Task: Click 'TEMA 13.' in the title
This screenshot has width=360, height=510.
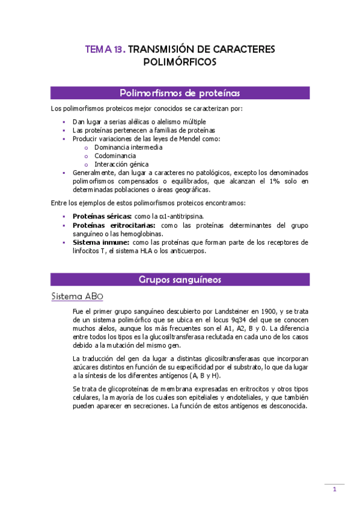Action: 105,50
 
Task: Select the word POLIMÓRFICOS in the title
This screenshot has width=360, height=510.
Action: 180,62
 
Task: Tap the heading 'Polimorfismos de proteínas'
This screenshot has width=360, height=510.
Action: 180,93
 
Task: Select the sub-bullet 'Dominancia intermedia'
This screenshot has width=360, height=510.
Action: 128,147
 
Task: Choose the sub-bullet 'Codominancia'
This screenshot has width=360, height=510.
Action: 115,155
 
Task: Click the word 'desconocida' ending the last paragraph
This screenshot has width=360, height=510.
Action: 287,405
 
